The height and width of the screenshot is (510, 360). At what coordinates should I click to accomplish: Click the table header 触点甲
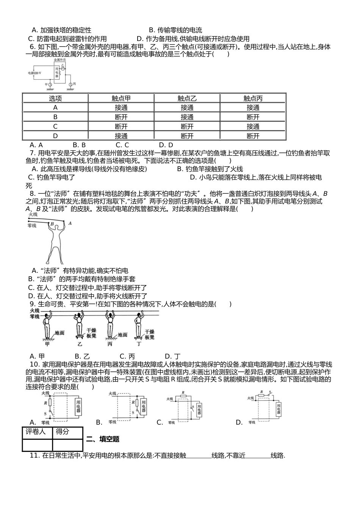pyautogui.click(x=121, y=98)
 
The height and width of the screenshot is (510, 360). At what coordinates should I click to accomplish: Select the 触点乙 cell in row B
pyautogui.click(x=187, y=117)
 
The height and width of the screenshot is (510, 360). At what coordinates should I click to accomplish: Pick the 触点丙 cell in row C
pyautogui.click(x=253, y=127)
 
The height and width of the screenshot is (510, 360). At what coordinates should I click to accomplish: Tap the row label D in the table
pyautogui.click(x=55, y=136)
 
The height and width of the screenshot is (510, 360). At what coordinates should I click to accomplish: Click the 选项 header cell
pyautogui.click(x=55, y=98)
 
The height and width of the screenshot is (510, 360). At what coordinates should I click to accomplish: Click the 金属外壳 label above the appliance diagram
pyautogui.click(x=60, y=60)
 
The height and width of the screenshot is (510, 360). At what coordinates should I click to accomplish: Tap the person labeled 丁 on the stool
pyautogui.click(x=139, y=325)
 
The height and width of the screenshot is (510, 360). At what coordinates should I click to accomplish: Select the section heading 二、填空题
pyautogui.click(x=103, y=439)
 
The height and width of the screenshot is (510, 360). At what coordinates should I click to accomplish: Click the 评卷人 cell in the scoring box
pyautogui.click(x=37, y=432)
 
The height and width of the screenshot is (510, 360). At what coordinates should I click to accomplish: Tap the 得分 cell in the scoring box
pyautogui.click(x=63, y=432)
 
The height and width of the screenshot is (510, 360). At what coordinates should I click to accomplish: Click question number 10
pyautogui.click(x=34, y=364)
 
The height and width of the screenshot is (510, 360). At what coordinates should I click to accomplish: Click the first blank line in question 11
pyautogui.click(x=199, y=456)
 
